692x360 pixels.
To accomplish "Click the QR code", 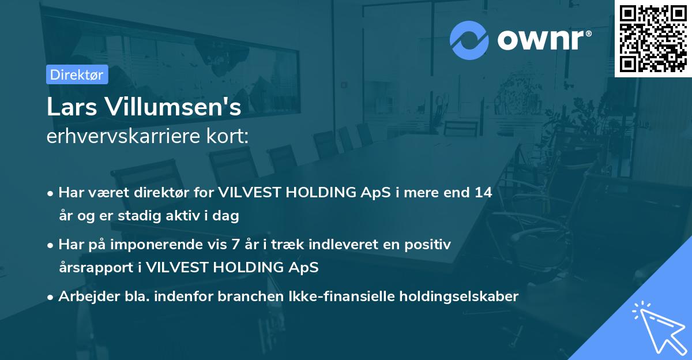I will click(653, 38).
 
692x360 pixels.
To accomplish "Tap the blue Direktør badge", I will click(77, 74).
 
